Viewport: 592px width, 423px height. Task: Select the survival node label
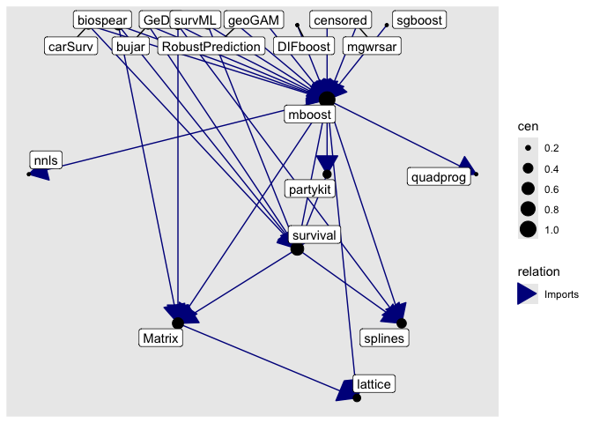[314, 234]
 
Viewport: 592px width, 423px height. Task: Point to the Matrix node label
[159, 337]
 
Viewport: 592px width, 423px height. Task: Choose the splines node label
[386, 337]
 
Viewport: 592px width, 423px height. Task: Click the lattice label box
[374, 383]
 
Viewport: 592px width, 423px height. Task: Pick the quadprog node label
[440, 177]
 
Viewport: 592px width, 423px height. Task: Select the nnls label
[43, 160]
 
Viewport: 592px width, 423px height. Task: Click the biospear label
[103, 20]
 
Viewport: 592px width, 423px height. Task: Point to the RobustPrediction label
[211, 46]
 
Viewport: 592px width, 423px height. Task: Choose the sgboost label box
[418, 20]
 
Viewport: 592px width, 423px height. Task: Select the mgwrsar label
[371, 46]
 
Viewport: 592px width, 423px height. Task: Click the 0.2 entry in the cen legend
[528, 147]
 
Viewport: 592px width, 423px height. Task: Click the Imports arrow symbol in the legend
[528, 294]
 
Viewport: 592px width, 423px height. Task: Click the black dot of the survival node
[297, 249]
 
